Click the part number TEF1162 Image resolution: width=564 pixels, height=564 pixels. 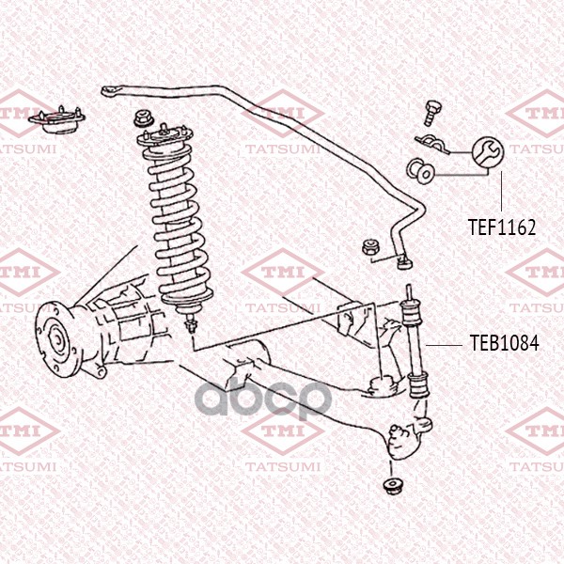coord(502,227)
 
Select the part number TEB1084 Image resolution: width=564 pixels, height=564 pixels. coord(505,343)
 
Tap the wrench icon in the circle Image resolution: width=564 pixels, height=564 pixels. coord(487,151)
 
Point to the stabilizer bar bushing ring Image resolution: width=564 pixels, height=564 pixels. coord(420,172)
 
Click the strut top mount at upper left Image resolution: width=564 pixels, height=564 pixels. coord(56,120)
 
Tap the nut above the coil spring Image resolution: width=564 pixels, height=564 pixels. coord(144,119)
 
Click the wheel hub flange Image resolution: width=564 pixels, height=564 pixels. coord(55,339)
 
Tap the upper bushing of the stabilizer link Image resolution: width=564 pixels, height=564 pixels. coord(411,313)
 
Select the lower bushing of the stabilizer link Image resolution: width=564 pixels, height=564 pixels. coord(418,385)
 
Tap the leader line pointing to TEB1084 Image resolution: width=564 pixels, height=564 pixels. coord(444,345)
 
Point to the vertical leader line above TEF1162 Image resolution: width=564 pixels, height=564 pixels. coord(501,191)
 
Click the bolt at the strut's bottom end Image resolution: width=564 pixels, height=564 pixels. coord(191,323)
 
